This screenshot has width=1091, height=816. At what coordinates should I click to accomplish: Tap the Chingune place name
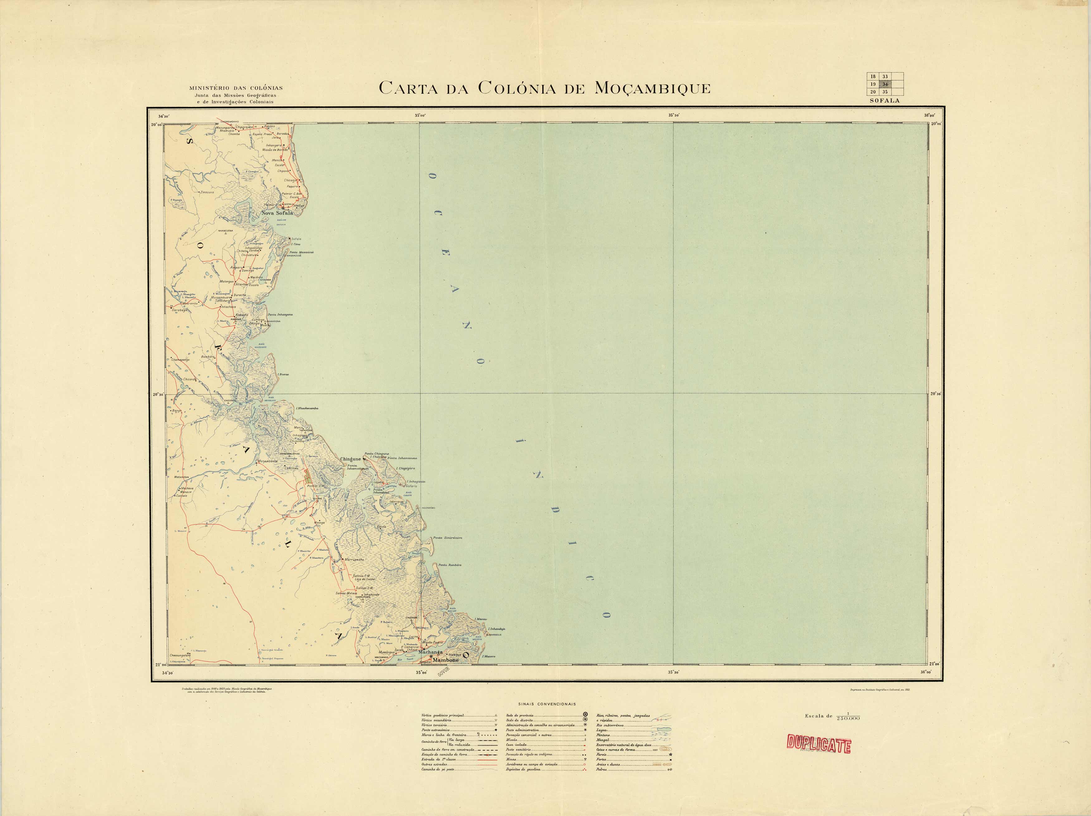pos(351,459)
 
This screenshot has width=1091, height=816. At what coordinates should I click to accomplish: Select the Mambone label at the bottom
pos(445,660)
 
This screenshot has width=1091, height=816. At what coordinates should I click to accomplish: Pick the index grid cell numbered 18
pos(873,76)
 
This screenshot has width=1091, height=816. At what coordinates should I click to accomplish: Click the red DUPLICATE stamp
pos(819,745)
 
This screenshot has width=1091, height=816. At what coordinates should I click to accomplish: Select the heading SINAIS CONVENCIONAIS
pos(547,704)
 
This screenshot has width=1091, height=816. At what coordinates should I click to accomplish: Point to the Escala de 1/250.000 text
pos(832,716)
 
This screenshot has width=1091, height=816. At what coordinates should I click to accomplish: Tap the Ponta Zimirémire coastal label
pos(447,538)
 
